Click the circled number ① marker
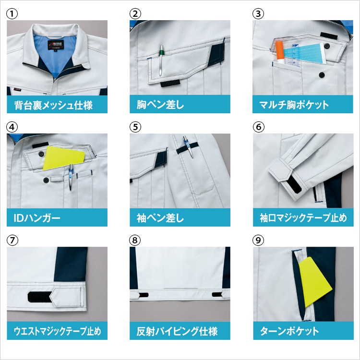(x=12, y=14)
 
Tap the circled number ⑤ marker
(x=135, y=127)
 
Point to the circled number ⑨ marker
(x=258, y=240)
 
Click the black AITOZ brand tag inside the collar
(x=56, y=44)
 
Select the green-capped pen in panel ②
(x=161, y=60)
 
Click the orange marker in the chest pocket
(x=280, y=53)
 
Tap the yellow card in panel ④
(x=63, y=158)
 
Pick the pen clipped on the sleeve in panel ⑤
(x=188, y=146)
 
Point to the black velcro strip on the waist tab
(x=40, y=297)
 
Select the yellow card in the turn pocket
(x=314, y=282)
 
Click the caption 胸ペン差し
(x=160, y=105)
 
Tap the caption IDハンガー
(x=37, y=217)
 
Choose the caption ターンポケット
(x=289, y=331)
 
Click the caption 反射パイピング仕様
(x=177, y=331)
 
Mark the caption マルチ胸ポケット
(x=294, y=105)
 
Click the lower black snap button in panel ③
(x=322, y=75)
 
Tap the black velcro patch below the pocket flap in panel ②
(x=169, y=84)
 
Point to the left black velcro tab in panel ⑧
(x=144, y=295)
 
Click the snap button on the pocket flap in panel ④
(x=41, y=154)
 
